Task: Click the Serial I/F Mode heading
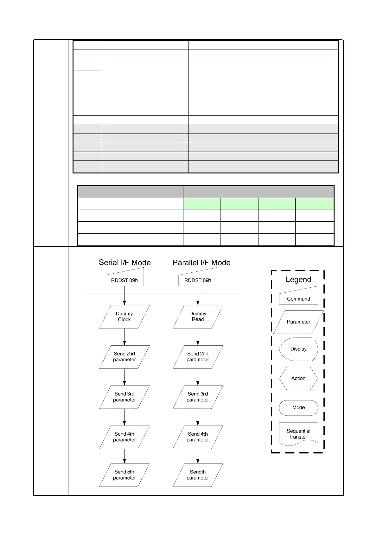click(125, 263)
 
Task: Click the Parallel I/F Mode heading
click(201, 263)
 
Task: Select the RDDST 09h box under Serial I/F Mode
click(125, 279)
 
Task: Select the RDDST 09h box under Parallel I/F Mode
click(198, 279)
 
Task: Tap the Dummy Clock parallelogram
click(125, 317)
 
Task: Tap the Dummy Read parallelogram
click(198, 317)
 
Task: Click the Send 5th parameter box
click(125, 475)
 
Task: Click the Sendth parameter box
click(198, 475)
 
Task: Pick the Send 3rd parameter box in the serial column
click(125, 397)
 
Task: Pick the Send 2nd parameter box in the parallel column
click(198, 357)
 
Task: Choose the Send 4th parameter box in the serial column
click(125, 437)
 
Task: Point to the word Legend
click(298, 280)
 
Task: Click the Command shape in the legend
click(298, 297)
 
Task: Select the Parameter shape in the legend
click(298, 322)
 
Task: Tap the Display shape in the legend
click(298, 349)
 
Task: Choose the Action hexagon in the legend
click(298, 378)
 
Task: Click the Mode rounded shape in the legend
click(298, 407)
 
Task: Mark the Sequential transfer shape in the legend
click(298, 433)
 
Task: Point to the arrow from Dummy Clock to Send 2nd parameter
click(125, 337)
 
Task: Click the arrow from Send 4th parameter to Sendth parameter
click(198, 456)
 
